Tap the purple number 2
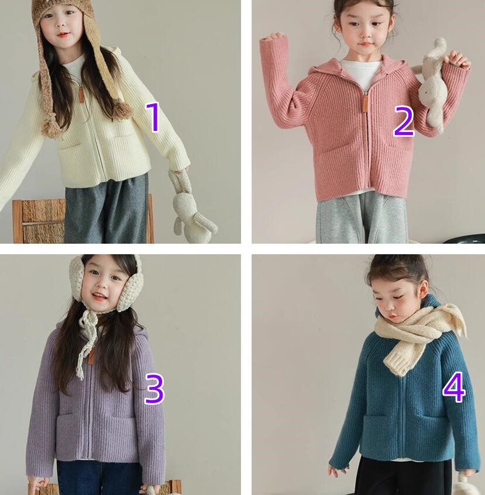click(x=404, y=121)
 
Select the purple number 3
click(x=154, y=389)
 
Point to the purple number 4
click(x=454, y=387)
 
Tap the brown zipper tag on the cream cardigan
click(x=81, y=94)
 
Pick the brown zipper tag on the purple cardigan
click(x=91, y=356)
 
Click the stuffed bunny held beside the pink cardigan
click(x=432, y=85)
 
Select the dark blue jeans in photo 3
click(x=98, y=477)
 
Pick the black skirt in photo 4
click(x=403, y=476)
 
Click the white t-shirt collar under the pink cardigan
click(x=363, y=72)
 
